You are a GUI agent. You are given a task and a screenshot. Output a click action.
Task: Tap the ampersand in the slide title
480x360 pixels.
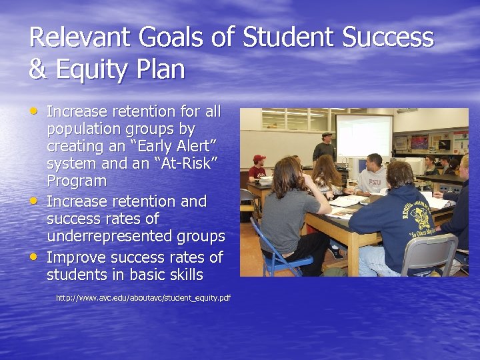click(x=37, y=70)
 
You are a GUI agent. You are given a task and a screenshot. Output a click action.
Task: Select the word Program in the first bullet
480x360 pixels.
click(x=77, y=181)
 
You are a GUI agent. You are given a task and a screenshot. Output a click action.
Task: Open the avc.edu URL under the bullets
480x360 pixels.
click(x=143, y=298)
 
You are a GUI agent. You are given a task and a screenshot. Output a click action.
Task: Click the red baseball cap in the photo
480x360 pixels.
click(x=259, y=159)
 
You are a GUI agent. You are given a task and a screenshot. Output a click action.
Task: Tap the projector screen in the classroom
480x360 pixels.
click(x=363, y=135)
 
